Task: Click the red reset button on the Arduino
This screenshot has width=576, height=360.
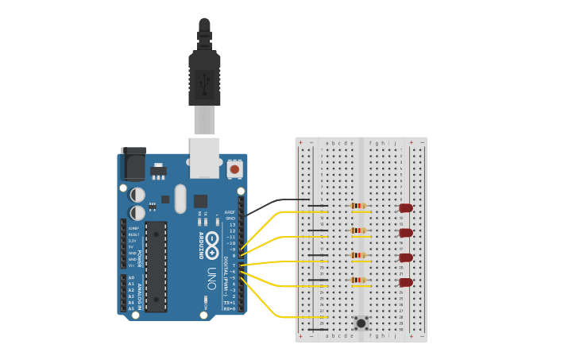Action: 234,169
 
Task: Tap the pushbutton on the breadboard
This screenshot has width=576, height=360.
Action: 361,323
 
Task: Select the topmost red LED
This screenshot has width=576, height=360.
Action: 406,208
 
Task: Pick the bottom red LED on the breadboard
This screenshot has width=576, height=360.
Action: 406,282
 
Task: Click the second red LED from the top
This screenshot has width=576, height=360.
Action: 406,233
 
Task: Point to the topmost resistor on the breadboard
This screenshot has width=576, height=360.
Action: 358,206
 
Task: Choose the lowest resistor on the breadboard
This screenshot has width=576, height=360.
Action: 358,280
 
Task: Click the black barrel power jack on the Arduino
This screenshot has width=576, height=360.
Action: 133,165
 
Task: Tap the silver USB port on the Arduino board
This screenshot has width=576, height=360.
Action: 204,157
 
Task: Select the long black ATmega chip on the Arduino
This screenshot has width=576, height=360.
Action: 156,266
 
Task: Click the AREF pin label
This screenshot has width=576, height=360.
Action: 230,212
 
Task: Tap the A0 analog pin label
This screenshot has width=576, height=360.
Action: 131,277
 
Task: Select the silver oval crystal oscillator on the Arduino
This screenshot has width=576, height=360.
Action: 180,198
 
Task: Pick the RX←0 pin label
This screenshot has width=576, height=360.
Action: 229,308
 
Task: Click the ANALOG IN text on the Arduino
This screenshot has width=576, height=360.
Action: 141,292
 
